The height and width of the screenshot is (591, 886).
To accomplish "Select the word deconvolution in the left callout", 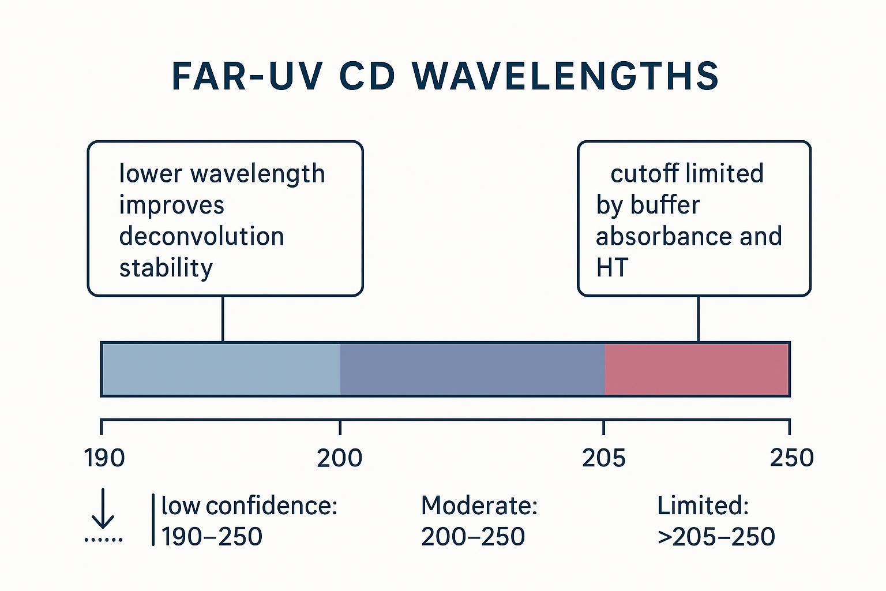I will tap(201, 237).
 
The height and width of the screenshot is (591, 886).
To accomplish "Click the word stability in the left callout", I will tap(166, 268).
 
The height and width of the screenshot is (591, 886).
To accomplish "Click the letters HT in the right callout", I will tap(611, 268).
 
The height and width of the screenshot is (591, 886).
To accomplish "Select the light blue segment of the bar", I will tap(221, 369).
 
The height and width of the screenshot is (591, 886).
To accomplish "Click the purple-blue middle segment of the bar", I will tap(472, 369).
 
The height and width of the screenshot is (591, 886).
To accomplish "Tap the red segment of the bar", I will tap(696, 369).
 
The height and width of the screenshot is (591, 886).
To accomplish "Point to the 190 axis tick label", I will tap(104, 458).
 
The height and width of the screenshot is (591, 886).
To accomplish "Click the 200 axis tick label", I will tap(340, 458).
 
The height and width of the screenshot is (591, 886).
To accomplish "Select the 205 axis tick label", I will tap(603, 458).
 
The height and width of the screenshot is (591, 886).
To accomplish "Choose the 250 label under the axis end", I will tap(791, 458).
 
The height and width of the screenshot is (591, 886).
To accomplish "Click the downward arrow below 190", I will tap(103, 509).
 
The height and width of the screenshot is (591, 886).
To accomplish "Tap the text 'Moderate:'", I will tap(479, 506).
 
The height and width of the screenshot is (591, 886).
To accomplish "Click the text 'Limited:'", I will tap(703, 506).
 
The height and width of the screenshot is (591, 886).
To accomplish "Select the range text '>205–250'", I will tap(716, 537).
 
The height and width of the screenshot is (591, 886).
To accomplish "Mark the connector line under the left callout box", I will tap(223, 319).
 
